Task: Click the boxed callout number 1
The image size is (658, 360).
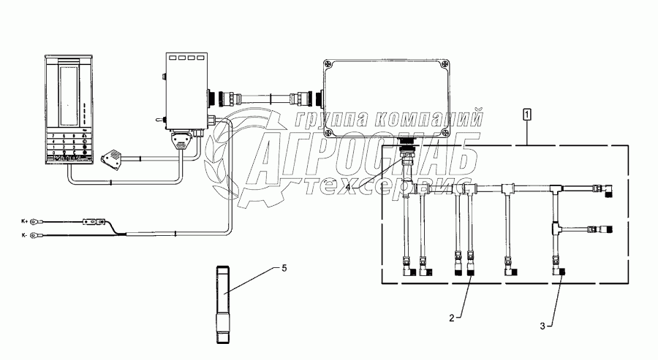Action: (527, 114)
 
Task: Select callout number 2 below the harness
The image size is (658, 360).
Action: (452, 318)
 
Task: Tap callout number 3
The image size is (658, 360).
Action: (542, 326)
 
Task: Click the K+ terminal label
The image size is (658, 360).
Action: (26, 218)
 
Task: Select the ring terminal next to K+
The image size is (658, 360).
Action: (43, 218)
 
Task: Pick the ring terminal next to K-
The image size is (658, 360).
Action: (43, 234)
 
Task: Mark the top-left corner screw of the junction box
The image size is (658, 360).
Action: (328, 64)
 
